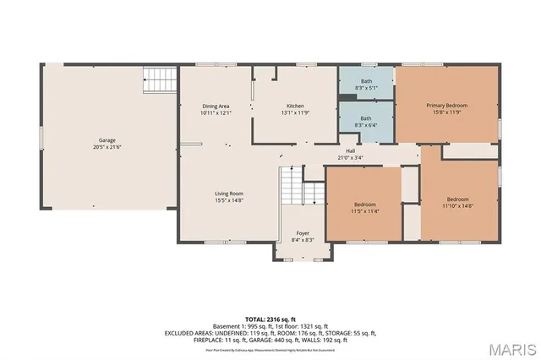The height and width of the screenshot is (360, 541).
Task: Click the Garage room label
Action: click(107, 140)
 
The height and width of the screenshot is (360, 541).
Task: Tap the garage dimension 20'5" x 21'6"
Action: click(107, 147)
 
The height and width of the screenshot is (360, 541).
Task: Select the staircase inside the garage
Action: click(159, 81)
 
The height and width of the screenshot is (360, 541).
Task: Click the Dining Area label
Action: click(216, 106)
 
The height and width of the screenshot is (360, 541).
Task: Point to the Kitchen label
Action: click(295, 106)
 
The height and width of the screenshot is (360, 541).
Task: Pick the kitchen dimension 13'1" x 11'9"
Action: click(295, 112)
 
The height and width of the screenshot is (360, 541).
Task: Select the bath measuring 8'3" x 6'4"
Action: click(366, 122)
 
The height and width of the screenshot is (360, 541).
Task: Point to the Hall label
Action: click(350, 150)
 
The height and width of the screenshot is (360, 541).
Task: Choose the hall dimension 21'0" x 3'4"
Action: click(350, 157)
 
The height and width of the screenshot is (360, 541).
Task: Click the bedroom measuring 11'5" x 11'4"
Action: click(364, 208)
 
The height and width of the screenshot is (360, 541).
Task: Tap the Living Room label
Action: click(228, 194)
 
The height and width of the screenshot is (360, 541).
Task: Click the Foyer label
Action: click(302, 234)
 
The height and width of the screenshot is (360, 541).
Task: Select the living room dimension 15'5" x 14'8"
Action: click(228, 200)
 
